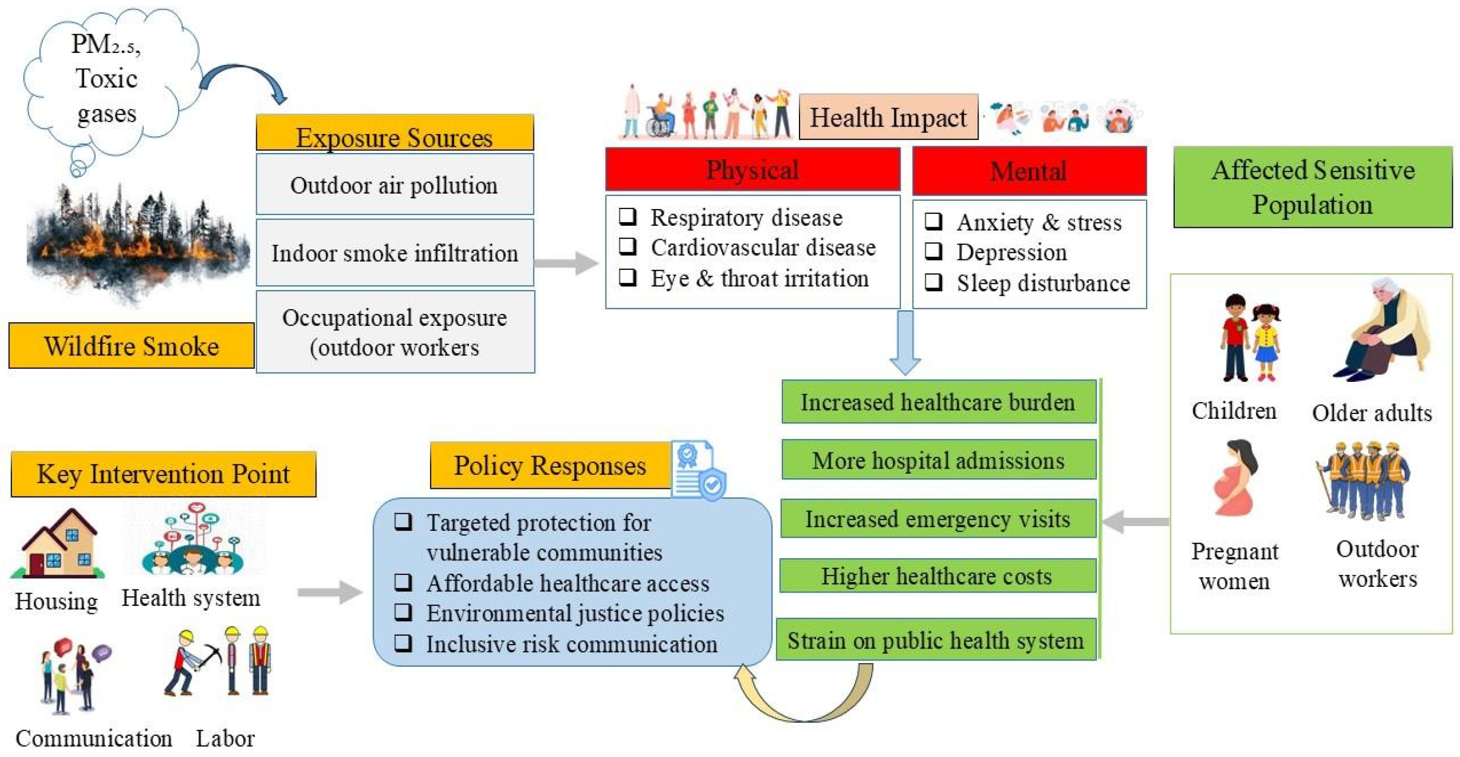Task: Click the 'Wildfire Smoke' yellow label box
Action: coord(131,346)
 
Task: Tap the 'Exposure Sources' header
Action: coord(394,133)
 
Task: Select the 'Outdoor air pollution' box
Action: coord(394,184)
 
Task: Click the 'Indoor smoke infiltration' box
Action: coord(394,253)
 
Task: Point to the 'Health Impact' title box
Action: coord(888,117)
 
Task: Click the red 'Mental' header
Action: coord(1029,171)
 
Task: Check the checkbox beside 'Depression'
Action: coord(933,251)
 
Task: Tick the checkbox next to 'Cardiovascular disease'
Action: coord(627,246)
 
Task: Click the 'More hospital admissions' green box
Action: coord(939,460)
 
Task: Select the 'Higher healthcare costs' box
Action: coord(938,576)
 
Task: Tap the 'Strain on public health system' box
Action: coord(936,640)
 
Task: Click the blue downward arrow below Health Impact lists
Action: coord(905,342)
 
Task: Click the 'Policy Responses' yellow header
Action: coord(550,465)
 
